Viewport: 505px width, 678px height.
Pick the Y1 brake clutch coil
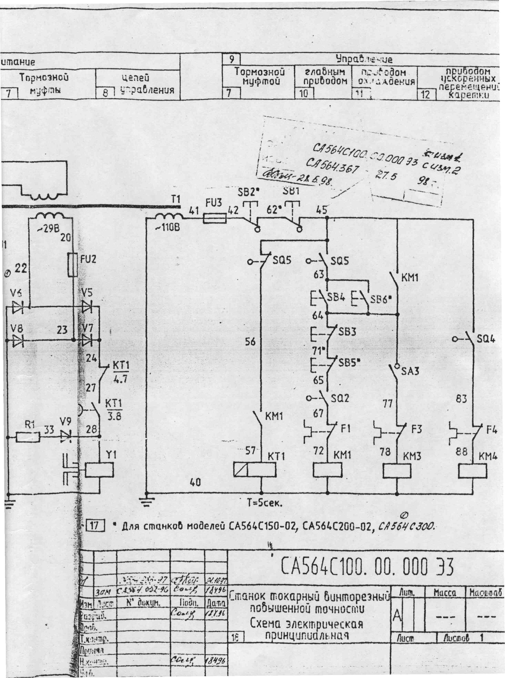99,470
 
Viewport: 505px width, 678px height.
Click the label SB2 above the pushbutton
248,193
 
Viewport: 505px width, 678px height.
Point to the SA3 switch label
410,371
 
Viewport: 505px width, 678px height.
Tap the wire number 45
321,210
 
